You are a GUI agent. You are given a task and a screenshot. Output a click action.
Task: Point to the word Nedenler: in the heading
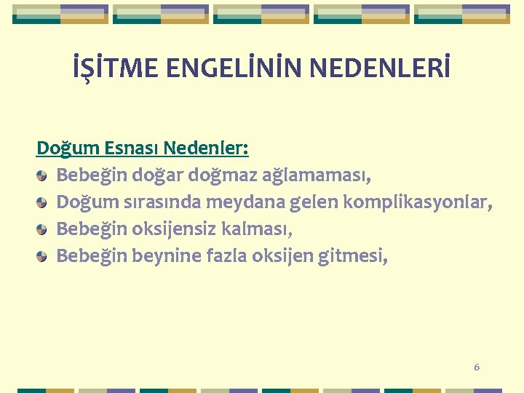(x=206, y=148)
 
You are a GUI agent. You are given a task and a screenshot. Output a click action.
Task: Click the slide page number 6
(x=477, y=368)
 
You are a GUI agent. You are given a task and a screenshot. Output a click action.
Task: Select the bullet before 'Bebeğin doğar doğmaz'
(x=43, y=175)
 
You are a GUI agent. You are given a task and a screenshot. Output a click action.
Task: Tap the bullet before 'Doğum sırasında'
(x=43, y=202)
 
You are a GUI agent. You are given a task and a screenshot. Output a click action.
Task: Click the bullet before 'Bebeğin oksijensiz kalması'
(x=43, y=229)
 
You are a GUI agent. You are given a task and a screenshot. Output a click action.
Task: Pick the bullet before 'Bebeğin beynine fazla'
(x=43, y=256)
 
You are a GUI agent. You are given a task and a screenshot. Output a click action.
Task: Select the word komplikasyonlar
(x=416, y=202)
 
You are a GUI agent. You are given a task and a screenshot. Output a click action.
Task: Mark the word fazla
(x=229, y=256)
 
